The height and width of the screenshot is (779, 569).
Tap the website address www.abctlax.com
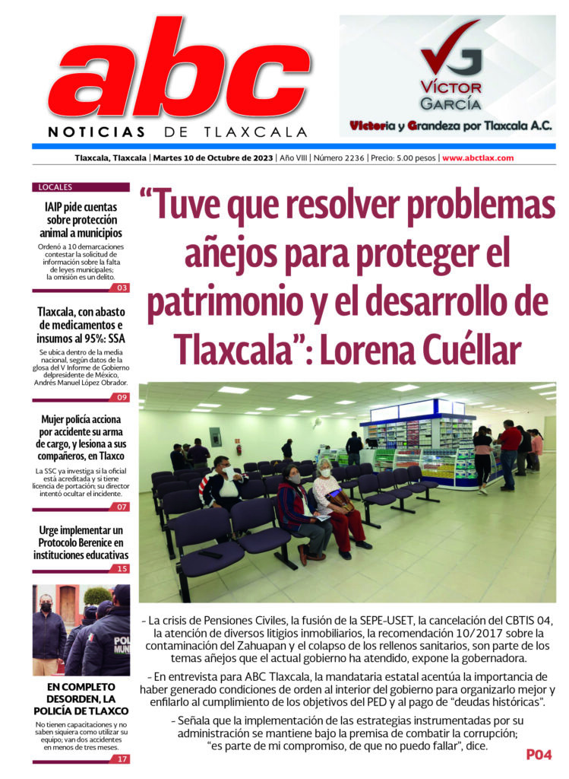(x=478, y=158)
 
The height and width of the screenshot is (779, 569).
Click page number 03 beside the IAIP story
(x=122, y=288)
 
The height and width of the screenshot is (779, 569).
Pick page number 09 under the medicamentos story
(x=122, y=397)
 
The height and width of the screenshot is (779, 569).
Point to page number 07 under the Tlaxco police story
(x=122, y=506)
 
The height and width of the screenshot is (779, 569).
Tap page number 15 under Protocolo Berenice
(x=122, y=568)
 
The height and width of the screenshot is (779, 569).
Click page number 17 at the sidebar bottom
(x=122, y=758)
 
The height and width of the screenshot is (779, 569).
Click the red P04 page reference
(x=539, y=755)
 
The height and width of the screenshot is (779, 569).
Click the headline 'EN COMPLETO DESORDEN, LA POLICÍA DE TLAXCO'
(x=81, y=699)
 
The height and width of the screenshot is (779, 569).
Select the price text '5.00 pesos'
(x=416, y=158)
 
